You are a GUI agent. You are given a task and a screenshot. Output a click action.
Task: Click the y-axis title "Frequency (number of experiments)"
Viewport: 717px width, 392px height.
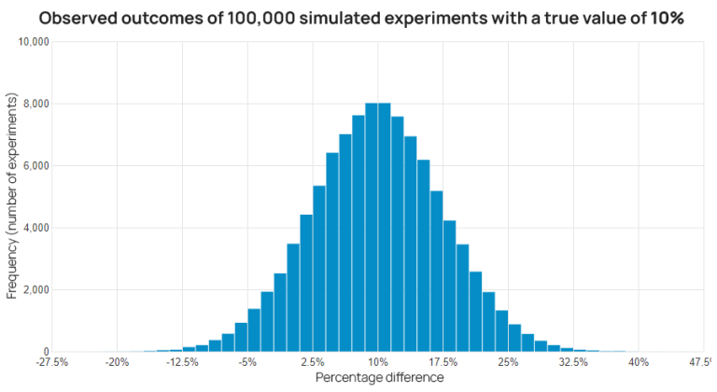pyautogui.click(x=12, y=196)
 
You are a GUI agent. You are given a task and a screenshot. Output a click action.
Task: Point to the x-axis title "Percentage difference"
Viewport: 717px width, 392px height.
pyautogui.click(x=378, y=378)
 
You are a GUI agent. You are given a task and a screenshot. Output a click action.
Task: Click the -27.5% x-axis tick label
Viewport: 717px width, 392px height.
pyautogui.click(x=51, y=362)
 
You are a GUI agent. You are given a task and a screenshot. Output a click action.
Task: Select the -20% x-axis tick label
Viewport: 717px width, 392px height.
pyautogui.click(x=117, y=362)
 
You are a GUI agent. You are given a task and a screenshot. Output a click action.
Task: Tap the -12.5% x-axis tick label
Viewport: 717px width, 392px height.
pyautogui.click(x=182, y=362)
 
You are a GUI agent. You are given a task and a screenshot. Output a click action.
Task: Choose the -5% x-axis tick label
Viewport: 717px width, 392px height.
pyautogui.click(x=247, y=362)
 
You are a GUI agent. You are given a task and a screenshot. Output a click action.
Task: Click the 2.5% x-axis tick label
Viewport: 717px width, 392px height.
pyautogui.click(x=313, y=362)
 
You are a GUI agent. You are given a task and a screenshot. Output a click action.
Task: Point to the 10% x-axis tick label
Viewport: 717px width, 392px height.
pyautogui.click(x=378, y=362)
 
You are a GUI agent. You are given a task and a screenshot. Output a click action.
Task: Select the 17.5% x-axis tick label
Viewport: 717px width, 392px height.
pyautogui.click(x=443, y=362)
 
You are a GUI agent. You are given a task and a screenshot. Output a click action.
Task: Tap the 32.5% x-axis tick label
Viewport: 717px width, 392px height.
pyautogui.click(x=573, y=362)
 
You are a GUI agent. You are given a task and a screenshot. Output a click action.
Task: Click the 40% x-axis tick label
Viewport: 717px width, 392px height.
pyautogui.click(x=639, y=362)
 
